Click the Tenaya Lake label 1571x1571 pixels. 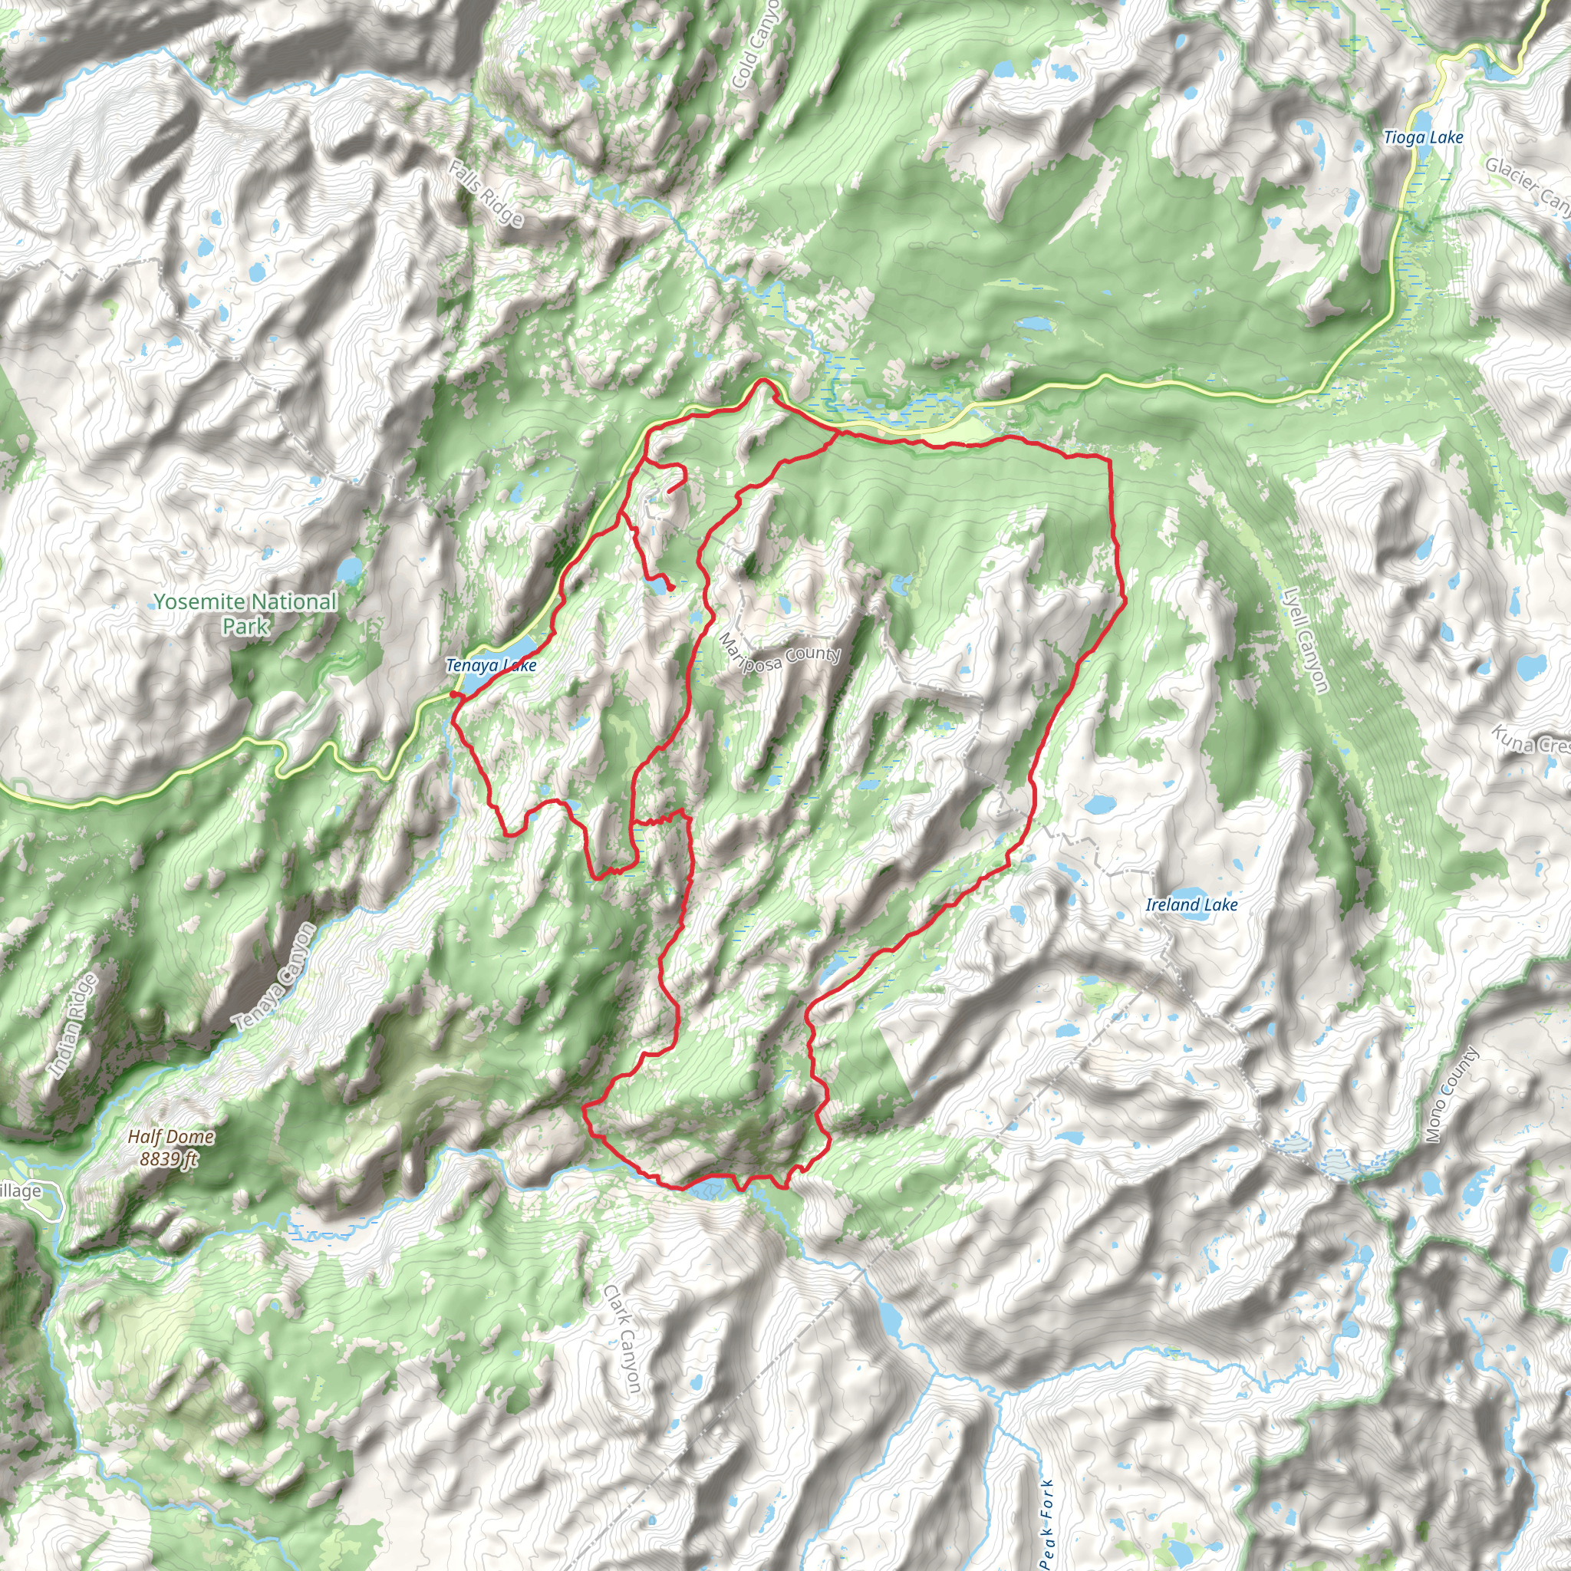[491, 666]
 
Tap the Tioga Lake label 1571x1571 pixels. [1423, 137]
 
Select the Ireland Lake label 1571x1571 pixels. [1191, 904]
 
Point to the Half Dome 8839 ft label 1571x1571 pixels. [171, 1148]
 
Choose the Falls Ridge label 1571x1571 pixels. [486, 193]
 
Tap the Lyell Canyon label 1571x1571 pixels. [1305, 640]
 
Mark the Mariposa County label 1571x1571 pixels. [779, 654]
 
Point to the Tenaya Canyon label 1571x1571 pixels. [273, 978]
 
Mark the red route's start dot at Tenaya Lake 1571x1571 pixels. [453, 693]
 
